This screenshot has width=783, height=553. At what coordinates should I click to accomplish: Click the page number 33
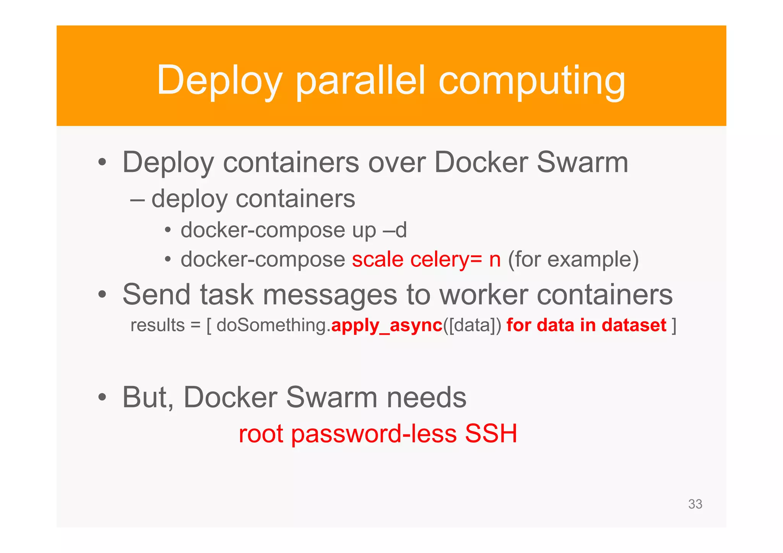tap(695, 504)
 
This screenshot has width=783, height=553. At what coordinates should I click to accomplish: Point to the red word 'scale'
tap(377, 259)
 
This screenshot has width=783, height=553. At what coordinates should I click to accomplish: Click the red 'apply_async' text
tap(387, 325)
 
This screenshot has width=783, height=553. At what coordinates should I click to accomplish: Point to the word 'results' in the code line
tap(158, 325)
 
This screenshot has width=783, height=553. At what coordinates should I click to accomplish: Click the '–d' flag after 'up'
tap(395, 230)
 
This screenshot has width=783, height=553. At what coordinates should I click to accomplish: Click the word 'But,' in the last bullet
tap(148, 397)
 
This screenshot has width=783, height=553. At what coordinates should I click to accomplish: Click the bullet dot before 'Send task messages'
tap(102, 295)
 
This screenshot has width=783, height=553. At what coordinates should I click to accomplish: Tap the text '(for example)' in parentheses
tap(573, 259)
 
